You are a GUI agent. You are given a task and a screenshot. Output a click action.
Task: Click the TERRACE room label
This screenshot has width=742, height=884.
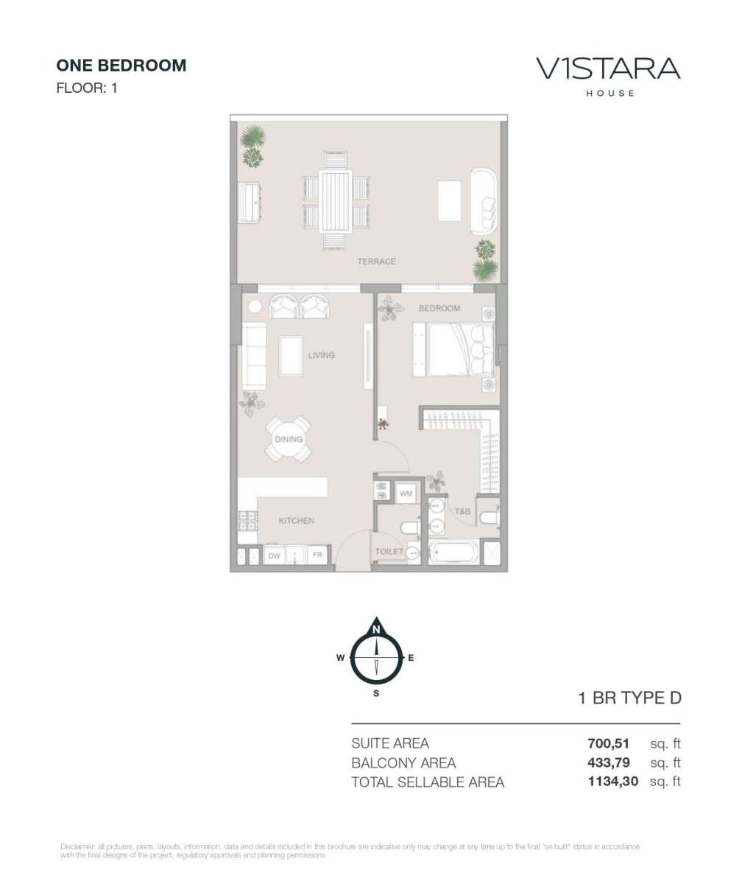point(376,262)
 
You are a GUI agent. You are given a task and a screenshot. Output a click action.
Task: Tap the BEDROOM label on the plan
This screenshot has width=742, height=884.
point(439,308)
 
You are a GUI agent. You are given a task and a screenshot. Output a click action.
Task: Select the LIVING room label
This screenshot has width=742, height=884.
point(322,355)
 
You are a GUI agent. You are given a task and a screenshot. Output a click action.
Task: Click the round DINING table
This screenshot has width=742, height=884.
point(289,439)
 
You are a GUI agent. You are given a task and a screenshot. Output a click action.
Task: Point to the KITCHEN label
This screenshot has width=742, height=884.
point(297,521)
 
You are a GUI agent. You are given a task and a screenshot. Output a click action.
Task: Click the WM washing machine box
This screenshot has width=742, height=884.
point(406,494)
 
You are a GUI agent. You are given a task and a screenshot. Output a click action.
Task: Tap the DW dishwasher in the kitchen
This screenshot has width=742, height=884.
point(274,556)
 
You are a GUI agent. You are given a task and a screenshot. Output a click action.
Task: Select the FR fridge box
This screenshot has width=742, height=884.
point(317,555)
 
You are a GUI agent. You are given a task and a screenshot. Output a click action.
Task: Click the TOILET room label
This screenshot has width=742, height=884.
point(389,552)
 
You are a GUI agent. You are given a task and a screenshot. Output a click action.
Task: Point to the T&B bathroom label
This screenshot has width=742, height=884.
point(462,511)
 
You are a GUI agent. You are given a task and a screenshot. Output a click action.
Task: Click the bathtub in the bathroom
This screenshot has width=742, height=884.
point(454,552)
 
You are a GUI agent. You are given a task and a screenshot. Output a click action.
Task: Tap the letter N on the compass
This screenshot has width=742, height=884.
point(376,630)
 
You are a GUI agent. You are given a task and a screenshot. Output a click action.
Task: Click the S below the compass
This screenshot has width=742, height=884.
point(376,693)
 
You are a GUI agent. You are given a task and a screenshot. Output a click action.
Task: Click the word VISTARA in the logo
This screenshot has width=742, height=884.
point(608,69)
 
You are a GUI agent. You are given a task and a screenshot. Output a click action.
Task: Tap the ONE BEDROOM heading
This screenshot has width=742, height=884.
point(121,66)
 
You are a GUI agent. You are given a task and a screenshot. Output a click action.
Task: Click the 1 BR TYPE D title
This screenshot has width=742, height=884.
point(630,698)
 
